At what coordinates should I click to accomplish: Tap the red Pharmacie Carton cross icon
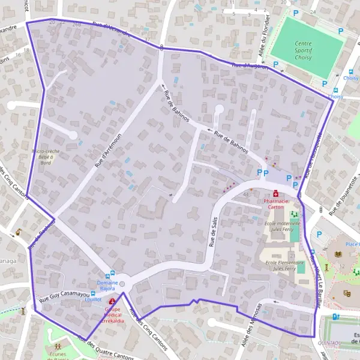pyautogui.click(x=275, y=194)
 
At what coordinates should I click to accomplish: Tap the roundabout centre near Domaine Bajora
pyautogui.click(x=124, y=281)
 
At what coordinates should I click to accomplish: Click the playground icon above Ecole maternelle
pyautogui.click(x=293, y=214)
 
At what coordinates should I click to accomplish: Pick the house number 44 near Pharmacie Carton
pyautogui.click(x=246, y=194)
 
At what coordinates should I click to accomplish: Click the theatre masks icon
pyautogui.click(x=346, y=293)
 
